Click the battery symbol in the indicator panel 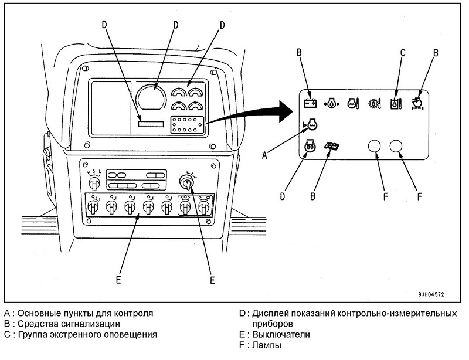[310, 104]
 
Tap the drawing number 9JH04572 [431, 294]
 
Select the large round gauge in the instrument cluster [151, 97]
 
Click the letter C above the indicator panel [403, 53]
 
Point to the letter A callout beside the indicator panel [264, 155]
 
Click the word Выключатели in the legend [281, 334]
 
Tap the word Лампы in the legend [267, 345]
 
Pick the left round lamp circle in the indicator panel [374, 147]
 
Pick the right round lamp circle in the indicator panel [396, 147]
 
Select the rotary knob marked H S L [94, 182]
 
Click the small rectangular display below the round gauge [151, 124]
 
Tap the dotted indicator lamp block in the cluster [187, 124]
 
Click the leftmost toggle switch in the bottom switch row [93, 207]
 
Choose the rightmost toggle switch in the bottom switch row [204, 207]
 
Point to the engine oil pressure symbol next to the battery [331, 104]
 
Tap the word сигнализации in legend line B [89, 324]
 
